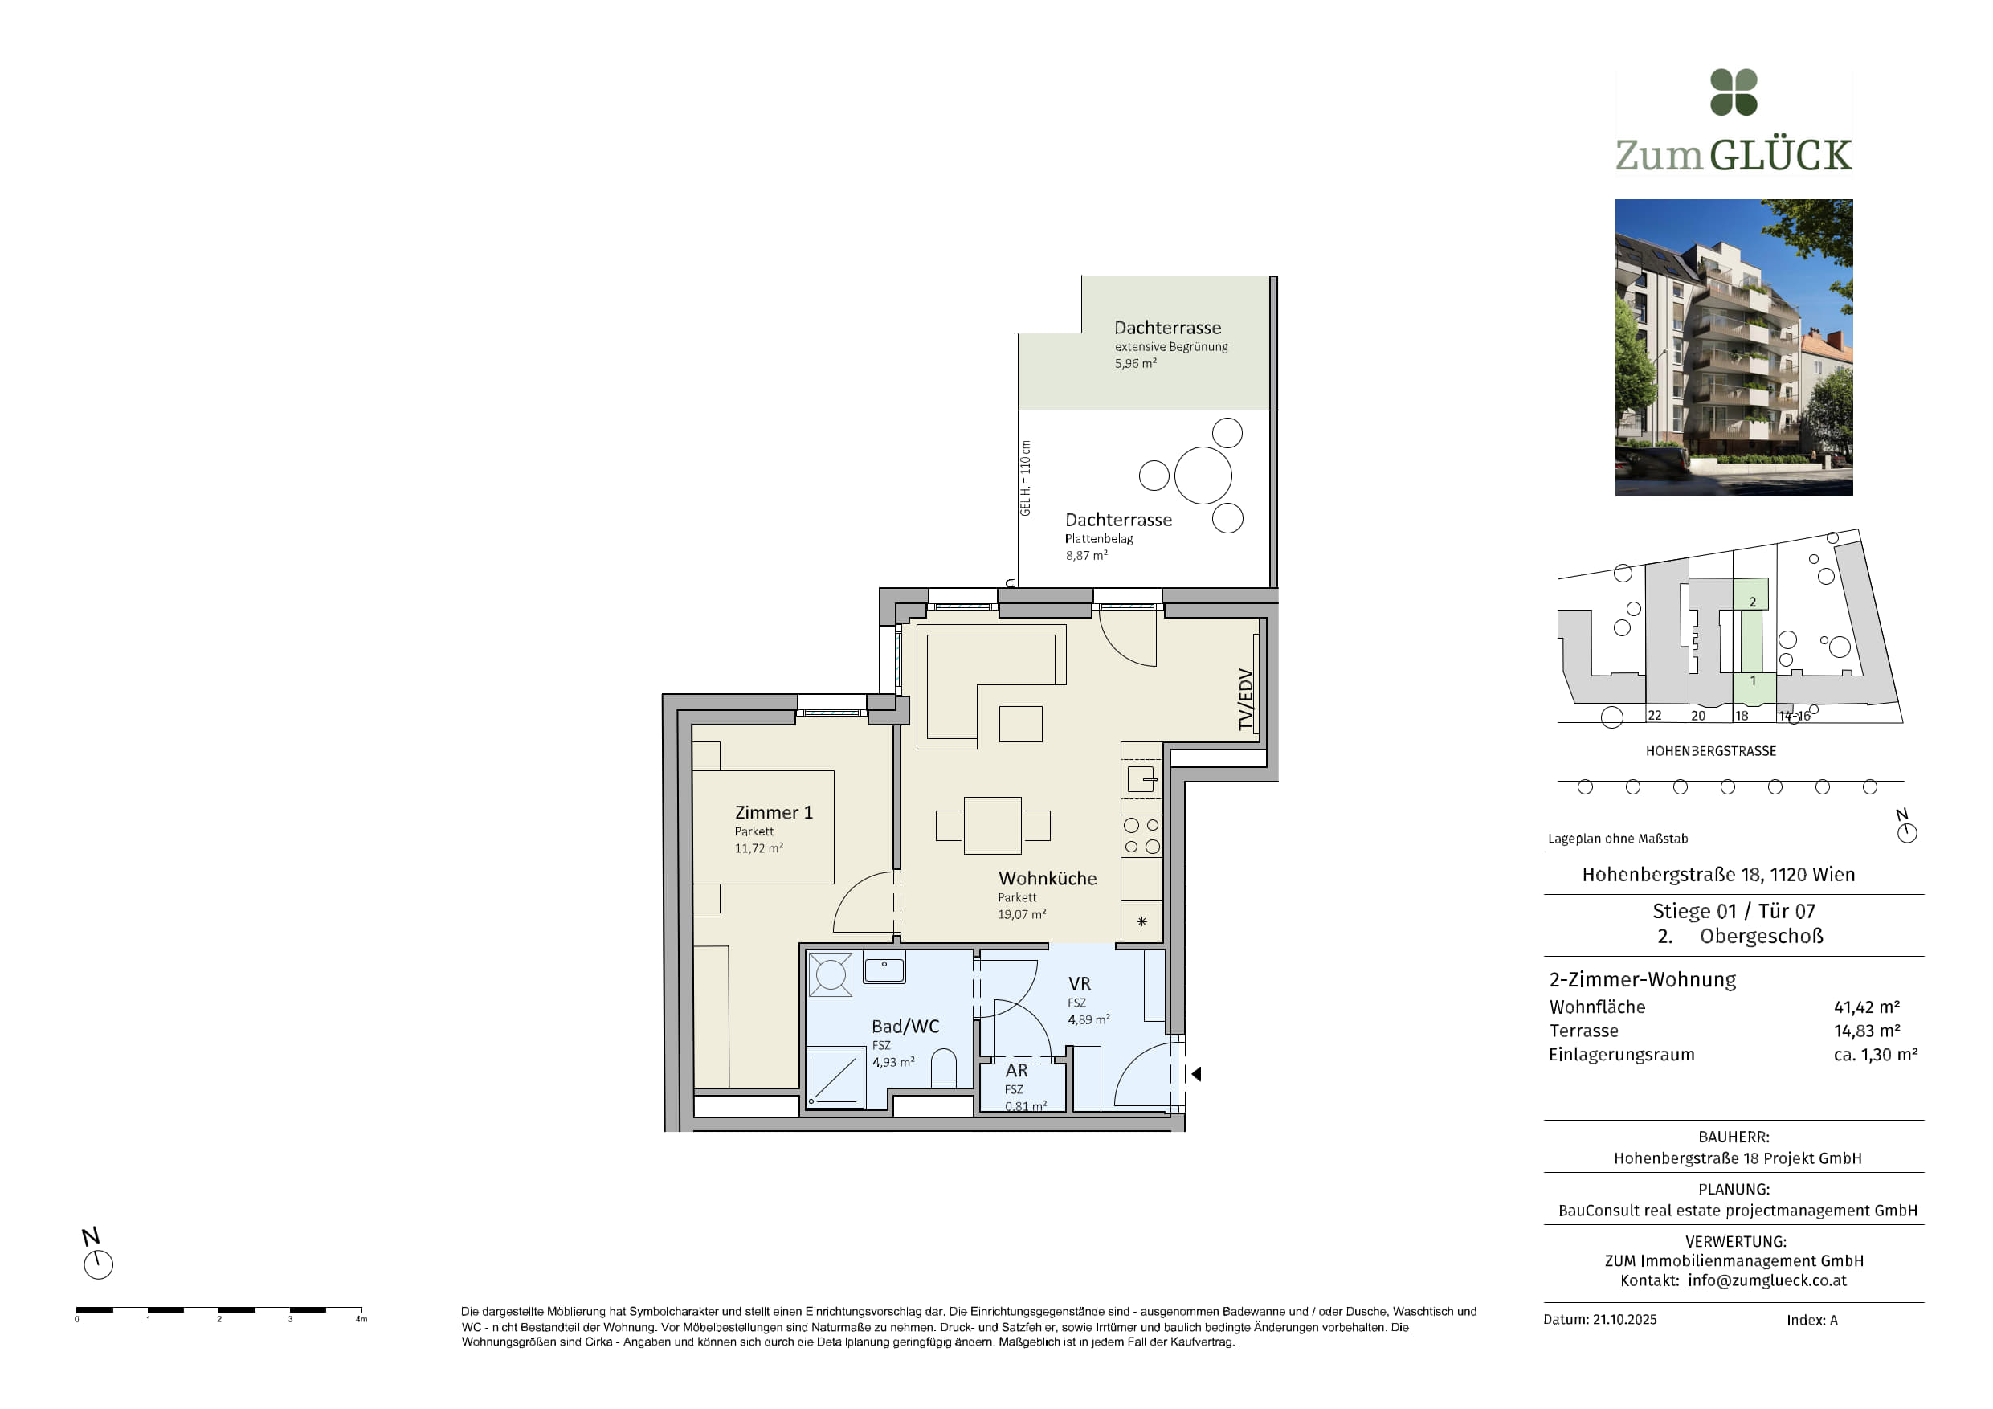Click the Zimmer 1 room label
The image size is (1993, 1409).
(774, 813)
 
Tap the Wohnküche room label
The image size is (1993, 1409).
(1047, 879)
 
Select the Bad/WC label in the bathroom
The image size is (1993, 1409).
(905, 1026)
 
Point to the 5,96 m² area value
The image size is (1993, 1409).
(1135, 364)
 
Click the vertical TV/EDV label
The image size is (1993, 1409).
(1246, 700)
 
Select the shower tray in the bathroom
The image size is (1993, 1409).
(835, 1077)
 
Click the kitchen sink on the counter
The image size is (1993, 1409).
(1141, 778)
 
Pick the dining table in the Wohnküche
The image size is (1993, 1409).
(992, 826)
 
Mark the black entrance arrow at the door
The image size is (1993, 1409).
(1196, 1074)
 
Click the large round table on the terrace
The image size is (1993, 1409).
(1203, 475)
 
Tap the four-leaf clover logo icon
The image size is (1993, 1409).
(1734, 92)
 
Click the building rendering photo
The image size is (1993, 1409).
(1734, 347)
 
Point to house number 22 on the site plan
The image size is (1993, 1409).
(1655, 716)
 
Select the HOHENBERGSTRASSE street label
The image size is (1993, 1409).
(1711, 751)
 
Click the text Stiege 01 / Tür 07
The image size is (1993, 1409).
(1734, 911)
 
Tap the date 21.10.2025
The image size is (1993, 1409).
(1624, 1320)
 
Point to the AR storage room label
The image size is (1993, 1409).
(1016, 1071)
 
